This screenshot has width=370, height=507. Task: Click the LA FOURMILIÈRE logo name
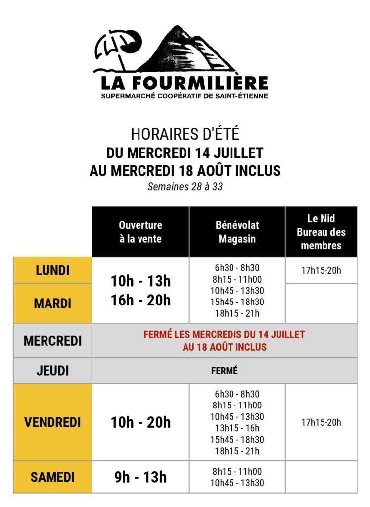pos(185,82)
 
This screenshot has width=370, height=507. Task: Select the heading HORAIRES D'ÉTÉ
pos(185,135)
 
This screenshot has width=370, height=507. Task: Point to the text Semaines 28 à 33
pos(185,187)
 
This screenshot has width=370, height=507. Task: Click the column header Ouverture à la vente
pos(140,232)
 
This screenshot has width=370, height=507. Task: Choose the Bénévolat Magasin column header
pos(237,232)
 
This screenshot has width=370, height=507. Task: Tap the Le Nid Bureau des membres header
pos(321,232)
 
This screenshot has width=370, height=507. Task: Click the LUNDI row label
pos(52,270)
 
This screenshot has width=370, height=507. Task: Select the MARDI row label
pos(52,303)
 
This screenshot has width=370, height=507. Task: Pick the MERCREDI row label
pos(52,341)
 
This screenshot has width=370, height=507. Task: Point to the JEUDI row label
pos(52,370)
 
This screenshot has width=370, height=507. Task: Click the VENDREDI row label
pos(52,422)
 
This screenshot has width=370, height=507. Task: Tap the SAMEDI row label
pos(52,477)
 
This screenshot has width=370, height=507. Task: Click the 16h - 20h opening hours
pos(140,300)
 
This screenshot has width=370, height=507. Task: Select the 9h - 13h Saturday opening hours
pos(140,477)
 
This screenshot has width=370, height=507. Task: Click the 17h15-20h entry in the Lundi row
pos(321,271)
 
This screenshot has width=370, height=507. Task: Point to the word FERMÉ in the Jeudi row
pos(224,370)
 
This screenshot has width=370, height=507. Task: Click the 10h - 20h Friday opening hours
pos(140,422)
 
